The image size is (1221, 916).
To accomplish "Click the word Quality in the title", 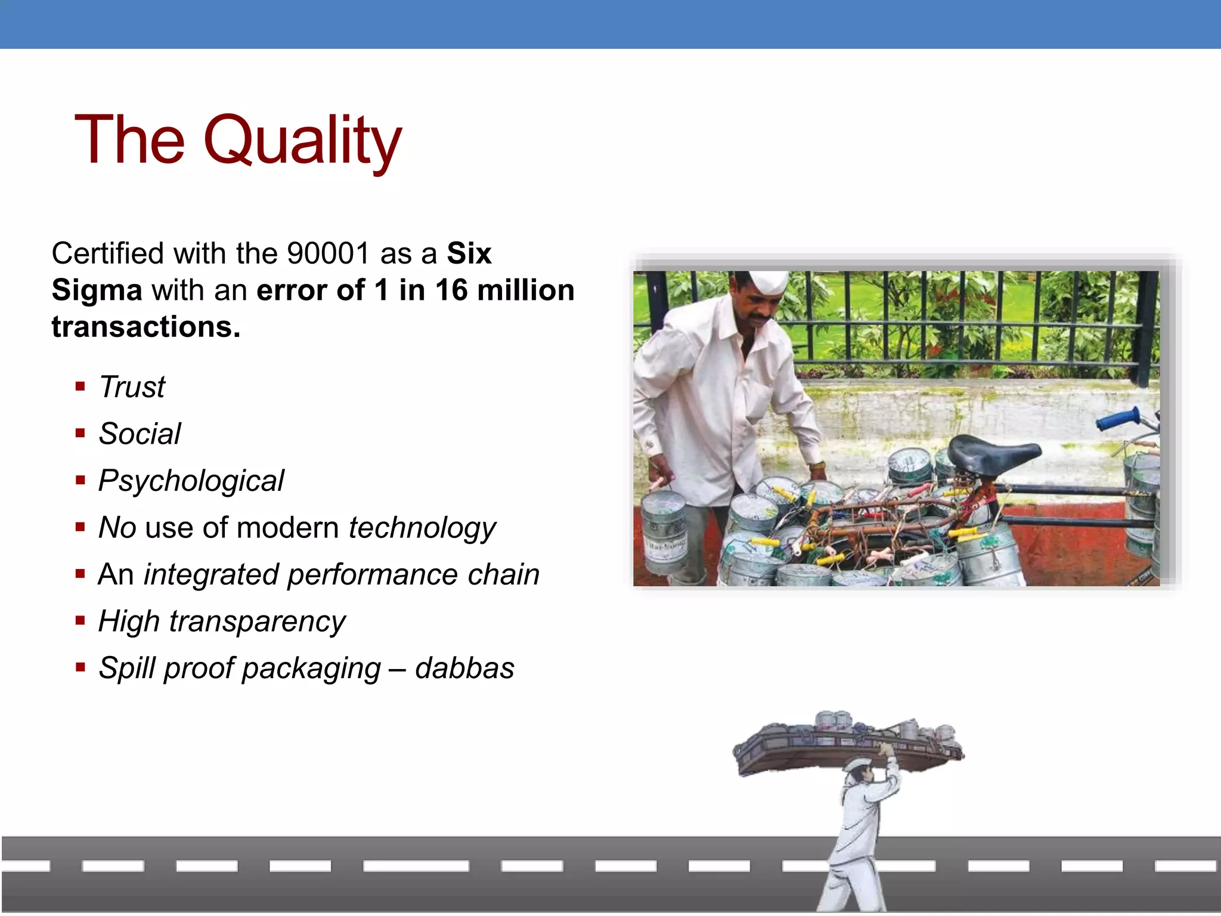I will [x=302, y=140].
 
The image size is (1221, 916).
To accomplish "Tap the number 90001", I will [x=328, y=253].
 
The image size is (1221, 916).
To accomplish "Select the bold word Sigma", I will [x=97, y=290].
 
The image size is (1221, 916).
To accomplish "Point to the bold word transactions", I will [x=146, y=327].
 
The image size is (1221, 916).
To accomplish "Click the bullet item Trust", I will [x=132, y=387].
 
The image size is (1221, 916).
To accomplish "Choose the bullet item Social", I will [x=140, y=434].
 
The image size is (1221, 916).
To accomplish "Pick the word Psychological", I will [x=191, y=481].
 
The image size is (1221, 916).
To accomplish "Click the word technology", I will [x=422, y=528].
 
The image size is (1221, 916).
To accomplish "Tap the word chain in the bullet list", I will [x=503, y=574].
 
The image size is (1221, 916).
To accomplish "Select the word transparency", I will [x=257, y=621].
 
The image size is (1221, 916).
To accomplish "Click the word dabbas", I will [x=464, y=668].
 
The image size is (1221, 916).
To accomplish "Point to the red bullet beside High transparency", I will [x=80, y=621].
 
